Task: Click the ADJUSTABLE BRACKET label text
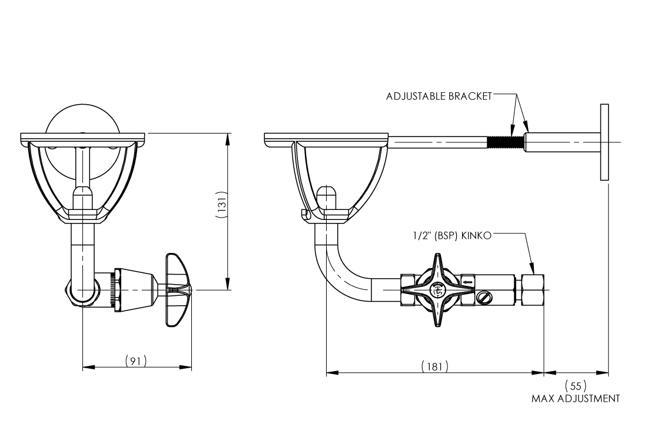click(x=439, y=96)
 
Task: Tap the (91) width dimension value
click(x=136, y=360)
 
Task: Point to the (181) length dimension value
click(x=435, y=366)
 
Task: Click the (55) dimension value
click(x=575, y=386)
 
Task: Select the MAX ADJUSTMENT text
click(x=575, y=399)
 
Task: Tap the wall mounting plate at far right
click(x=604, y=142)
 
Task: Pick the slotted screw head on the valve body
click(x=484, y=298)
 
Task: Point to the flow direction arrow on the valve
click(x=467, y=282)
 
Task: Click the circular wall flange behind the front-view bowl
click(x=82, y=121)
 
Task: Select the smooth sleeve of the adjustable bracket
click(x=562, y=142)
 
